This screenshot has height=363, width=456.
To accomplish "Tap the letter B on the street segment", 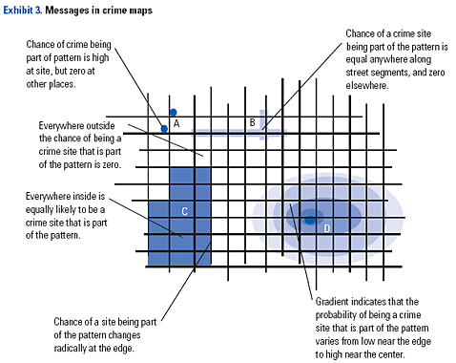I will [x=252, y=122].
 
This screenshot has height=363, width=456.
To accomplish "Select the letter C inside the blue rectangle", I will [x=183, y=210].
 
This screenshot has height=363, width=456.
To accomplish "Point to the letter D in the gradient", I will [x=326, y=228].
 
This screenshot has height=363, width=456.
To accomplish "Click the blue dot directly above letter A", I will [x=173, y=112].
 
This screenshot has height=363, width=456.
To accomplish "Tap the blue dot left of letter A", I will [x=164, y=128].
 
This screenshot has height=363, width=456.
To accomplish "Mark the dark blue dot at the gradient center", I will [x=309, y=222].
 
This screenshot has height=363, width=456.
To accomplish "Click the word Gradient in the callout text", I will [x=334, y=301].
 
